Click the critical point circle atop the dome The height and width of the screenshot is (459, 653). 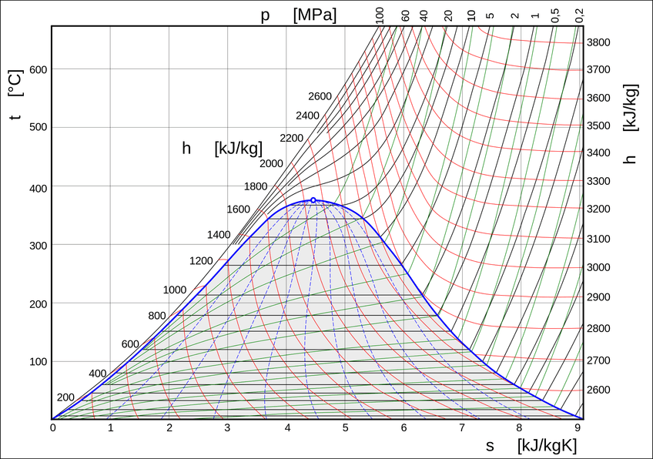[313, 199]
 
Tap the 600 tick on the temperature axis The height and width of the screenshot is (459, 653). [38, 69]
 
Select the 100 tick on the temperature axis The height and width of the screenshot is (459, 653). [38, 361]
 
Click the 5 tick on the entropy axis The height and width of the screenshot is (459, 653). [345, 427]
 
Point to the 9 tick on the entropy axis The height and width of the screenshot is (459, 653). [578, 427]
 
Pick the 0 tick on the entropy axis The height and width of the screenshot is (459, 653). [52, 427]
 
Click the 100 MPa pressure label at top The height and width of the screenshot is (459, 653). [380, 15]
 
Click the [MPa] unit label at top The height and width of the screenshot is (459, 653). [315, 15]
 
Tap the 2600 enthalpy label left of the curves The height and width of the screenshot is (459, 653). [320, 96]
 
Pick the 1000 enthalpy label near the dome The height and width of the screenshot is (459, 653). [175, 290]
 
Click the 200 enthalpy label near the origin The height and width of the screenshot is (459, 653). [65, 397]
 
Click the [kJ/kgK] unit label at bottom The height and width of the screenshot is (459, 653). [548, 446]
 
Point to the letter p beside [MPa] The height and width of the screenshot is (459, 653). [265, 15]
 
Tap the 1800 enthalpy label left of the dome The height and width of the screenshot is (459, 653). [255, 186]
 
